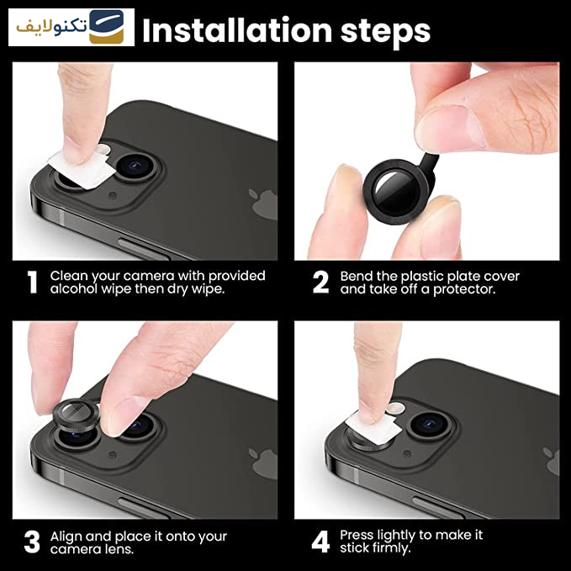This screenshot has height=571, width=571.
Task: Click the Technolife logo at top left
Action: (x=71, y=27)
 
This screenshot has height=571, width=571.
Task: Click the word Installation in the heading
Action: (x=237, y=30)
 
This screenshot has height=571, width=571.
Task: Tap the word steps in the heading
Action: (x=385, y=33)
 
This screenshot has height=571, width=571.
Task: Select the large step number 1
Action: (x=33, y=282)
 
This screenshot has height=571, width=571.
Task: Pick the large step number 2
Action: (x=320, y=282)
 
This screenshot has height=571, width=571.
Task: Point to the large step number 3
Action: (x=32, y=542)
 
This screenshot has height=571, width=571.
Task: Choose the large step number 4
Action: (x=321, y=542)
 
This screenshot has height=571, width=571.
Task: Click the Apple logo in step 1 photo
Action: (x=263, y=204)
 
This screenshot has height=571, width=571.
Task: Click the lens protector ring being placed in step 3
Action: (x=76, y=415)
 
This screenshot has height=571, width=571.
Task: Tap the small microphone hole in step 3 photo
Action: (x=113, y=455)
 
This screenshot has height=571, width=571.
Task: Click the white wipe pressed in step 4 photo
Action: (x=373, y=427)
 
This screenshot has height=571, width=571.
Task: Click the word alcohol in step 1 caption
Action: (x=73, y=288)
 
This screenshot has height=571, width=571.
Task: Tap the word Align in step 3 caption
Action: (x=66, y=537)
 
